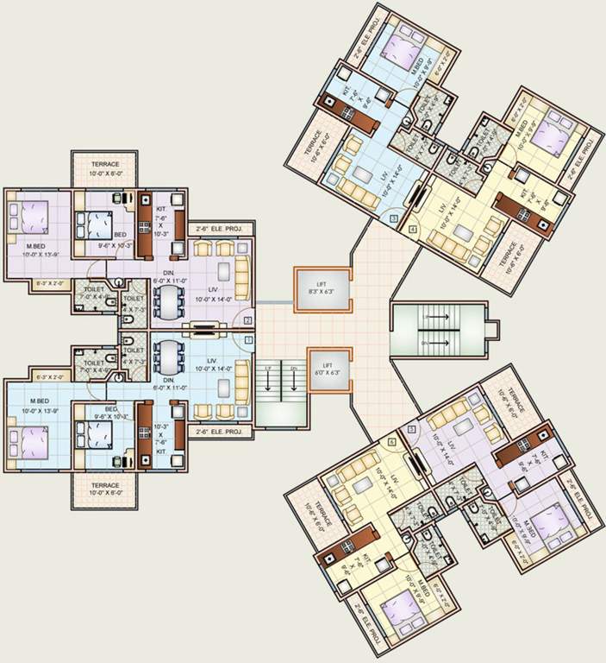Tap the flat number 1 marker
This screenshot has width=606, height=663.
[249, 340]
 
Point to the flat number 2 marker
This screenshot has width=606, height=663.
[248, 320]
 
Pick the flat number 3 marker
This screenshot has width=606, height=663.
[393, 219]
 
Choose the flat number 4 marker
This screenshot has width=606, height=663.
[413, 229]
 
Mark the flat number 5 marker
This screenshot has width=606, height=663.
[412, 429]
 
